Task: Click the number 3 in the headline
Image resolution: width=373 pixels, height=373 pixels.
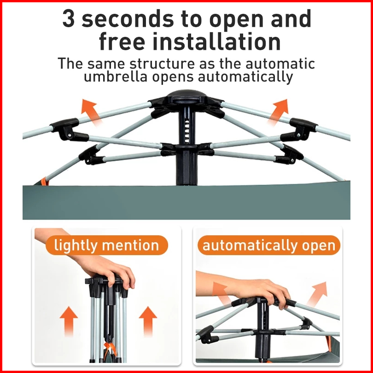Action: pos(69,18)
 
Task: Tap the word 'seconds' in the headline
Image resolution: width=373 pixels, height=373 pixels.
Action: pos(128,18)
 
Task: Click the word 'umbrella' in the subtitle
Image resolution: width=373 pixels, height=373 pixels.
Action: pos(116,76)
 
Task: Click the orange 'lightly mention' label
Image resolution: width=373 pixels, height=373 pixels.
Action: pos(107,245)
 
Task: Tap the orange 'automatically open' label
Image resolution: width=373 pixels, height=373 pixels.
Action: pos(269,245)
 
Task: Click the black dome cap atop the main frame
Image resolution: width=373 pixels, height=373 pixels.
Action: pos(186,97)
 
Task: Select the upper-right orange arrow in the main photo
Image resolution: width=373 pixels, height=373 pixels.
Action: pos(279,112)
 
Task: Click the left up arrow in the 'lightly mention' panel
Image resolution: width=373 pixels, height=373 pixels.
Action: pos(69,321)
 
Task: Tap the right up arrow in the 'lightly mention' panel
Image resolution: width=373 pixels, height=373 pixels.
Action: pos(148,321)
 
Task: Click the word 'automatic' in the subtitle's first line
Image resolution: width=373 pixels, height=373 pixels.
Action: pos(280,64)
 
